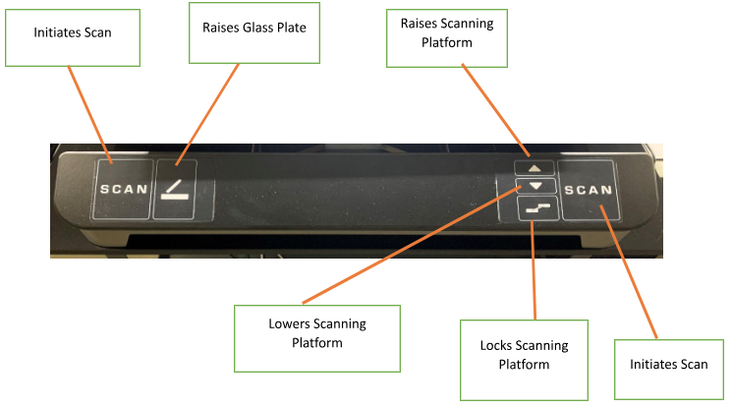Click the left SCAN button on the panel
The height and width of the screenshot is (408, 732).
[x=123, y=189]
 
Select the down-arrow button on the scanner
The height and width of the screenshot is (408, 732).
[x=535, y=186]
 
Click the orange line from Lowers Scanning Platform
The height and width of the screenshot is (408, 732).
[x=413, y=246]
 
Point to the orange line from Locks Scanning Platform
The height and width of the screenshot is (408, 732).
[x=534, y=265]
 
